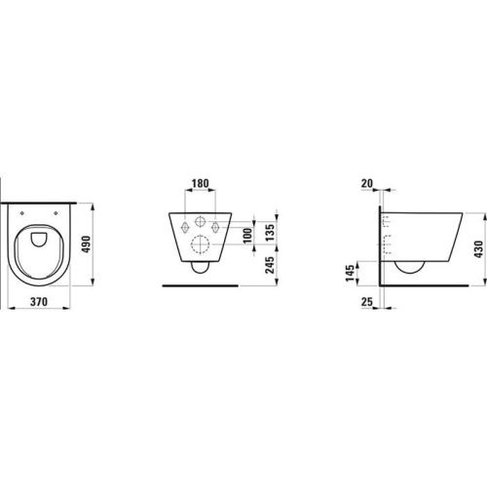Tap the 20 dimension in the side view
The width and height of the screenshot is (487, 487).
tap(368, 183)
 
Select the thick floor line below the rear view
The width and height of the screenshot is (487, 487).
tap(200, 286)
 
